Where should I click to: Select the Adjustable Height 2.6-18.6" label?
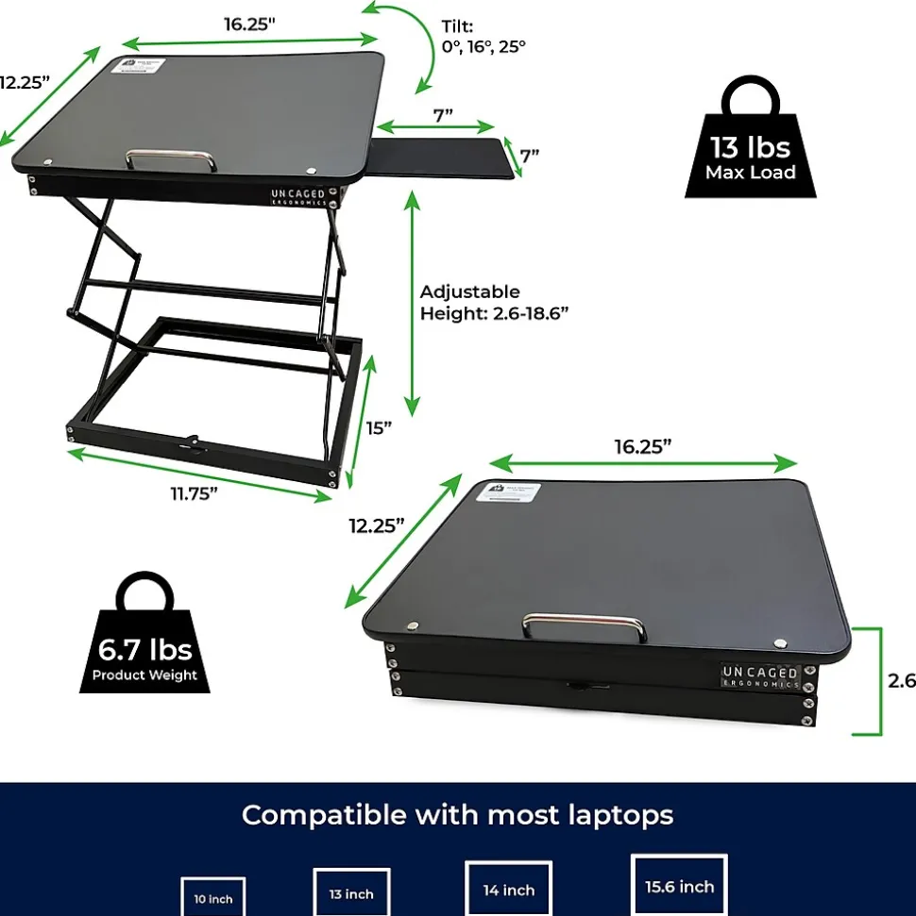[x=493, y=302]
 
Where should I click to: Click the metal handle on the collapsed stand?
[x=585, y=626]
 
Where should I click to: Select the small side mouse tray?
[x=444, y=158]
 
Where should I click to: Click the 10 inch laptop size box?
[x=213, y=897]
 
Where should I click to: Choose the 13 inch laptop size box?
[x=351, y=891]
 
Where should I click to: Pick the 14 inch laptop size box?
[x=508, y=889]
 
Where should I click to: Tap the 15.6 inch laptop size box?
[x=679, y=885]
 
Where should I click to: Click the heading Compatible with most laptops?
[x=458, y=814]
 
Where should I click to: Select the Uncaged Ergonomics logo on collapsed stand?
[x=760, y=675]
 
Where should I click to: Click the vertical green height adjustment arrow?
[x=412, y=303]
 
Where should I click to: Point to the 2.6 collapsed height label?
[x=901, y=680]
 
